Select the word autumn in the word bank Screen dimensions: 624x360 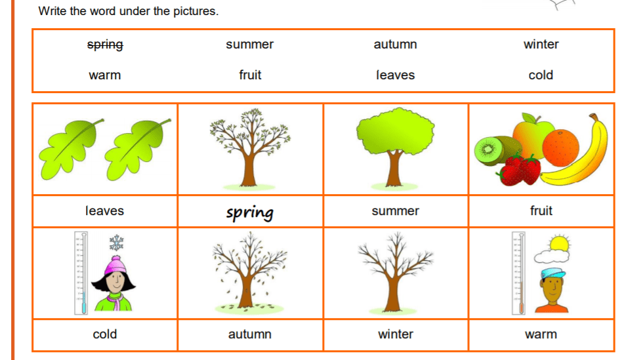tap(395, 44)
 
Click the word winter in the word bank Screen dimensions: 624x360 tap(541, 44)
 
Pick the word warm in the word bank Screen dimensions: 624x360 tap(105, 75)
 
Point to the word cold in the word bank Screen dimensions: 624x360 tap(541, 75)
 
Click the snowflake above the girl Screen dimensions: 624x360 tap(116, 243)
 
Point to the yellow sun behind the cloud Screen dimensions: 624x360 tap(559, 243)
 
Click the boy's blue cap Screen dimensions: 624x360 tap(553, 273)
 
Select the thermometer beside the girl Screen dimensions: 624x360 tap(81, 273)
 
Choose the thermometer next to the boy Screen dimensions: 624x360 tap(519, 273)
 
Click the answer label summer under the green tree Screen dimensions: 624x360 tap(395, 211)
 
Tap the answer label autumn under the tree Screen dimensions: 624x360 tap(250, 334)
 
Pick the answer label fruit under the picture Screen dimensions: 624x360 tap(541, 210)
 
